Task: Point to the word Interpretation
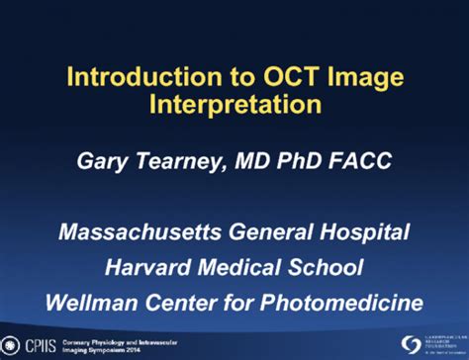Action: click(x=234, y=104)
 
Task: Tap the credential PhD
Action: click(x=299, y=162)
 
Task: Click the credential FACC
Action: click(x=360, y=162)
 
